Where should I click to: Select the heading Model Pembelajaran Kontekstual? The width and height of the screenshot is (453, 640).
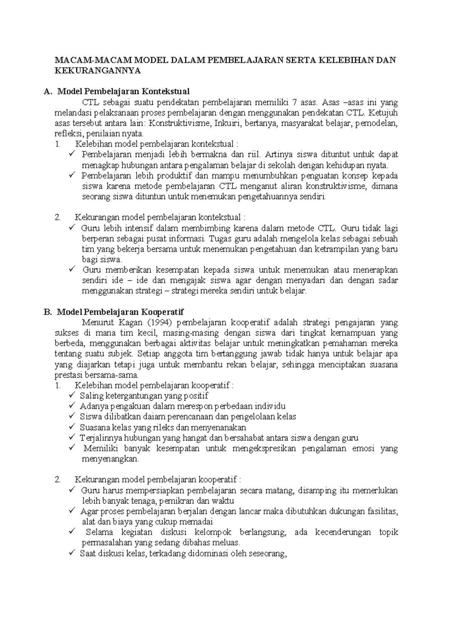123,91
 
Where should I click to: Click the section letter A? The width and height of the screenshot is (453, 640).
47,91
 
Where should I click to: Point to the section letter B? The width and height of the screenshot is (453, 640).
47,312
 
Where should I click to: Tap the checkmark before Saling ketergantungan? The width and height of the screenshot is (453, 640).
72,395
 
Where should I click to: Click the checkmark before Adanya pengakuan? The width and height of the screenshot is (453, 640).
72,406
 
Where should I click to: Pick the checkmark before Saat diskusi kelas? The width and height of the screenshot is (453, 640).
72,553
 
